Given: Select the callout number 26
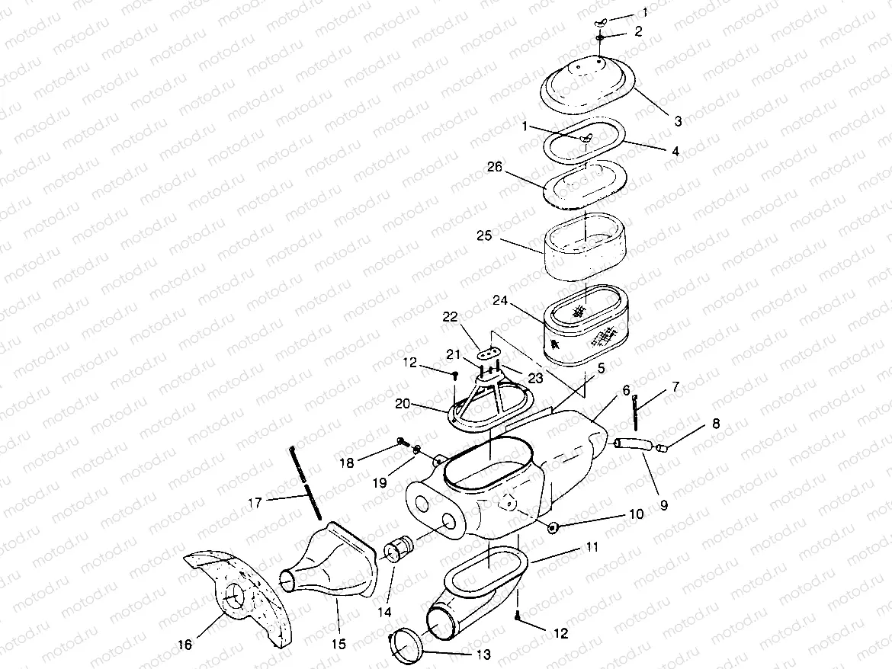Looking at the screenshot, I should pyautogui.click(x=495, y=167).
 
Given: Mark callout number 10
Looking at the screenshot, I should pyautogui.click(x=636, y=514).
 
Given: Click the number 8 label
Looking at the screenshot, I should pyautogui.click(x=715, y=423).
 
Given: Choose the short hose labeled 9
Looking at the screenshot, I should pyautogui.click(x=633, y=443).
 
